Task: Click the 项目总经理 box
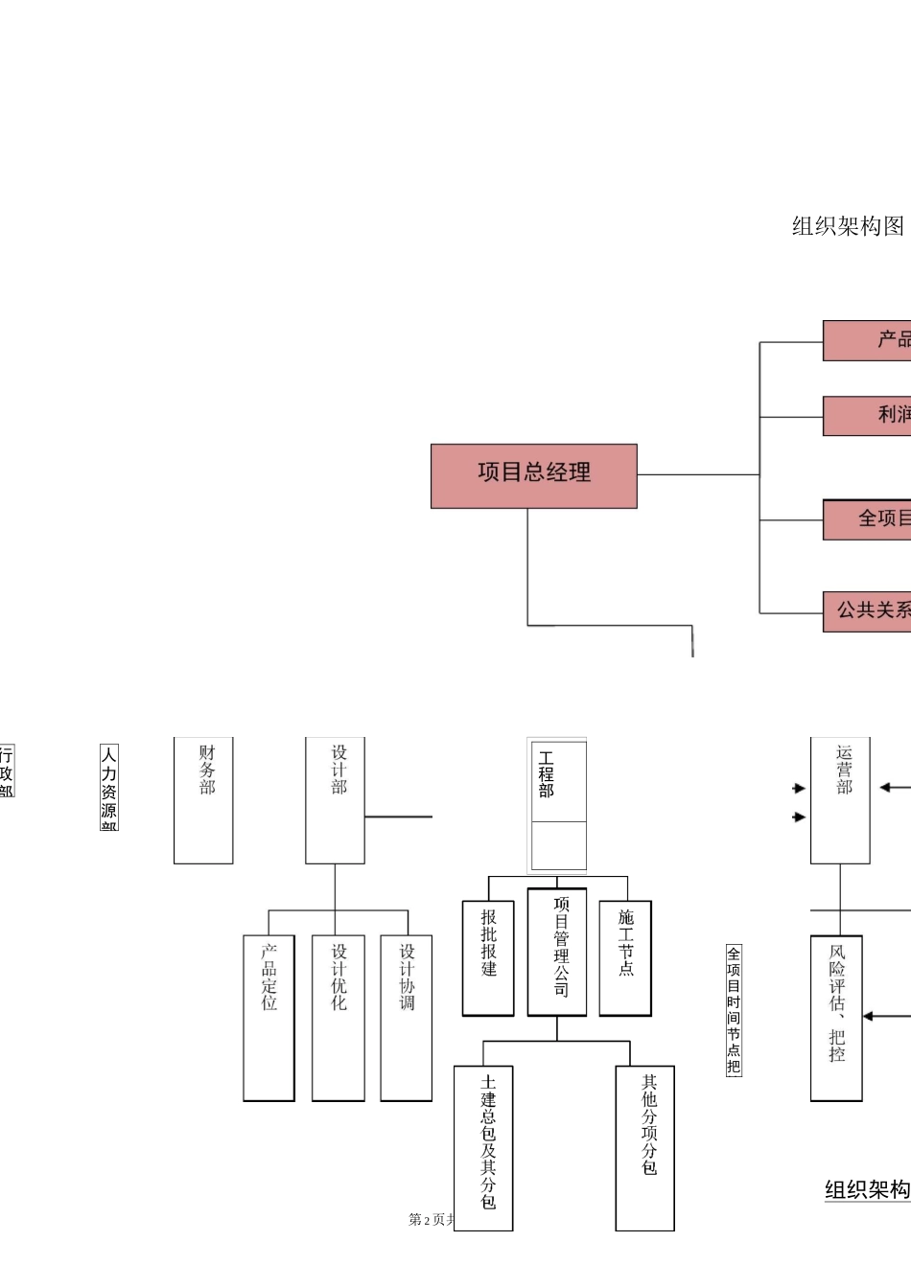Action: (x=533, y=475)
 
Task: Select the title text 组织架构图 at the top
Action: (x=848, y=226)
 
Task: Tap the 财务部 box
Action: (x=203, y=799)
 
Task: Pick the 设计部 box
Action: (x=335, y=799)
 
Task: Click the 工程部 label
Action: (x=547, y=775)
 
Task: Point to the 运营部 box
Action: (x=840, y=799)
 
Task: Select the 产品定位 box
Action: (x=269, y=1017)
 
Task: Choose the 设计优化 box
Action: (x=339, y=1017)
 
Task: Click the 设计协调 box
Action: (x=407, y=1017)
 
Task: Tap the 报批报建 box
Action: (x=488, y=957)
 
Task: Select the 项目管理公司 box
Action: (x=557, y=952)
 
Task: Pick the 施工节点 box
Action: (x=625, y=957)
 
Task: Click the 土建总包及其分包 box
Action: (x=483, y=1147)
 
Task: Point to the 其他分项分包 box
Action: (x=645, y=1147)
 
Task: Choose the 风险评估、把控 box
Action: (x=836, y=1017)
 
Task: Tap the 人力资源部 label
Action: (x=109, y=788)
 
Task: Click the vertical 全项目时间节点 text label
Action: (x=734, y=1010)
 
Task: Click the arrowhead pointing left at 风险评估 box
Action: (x=868, y=1016)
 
